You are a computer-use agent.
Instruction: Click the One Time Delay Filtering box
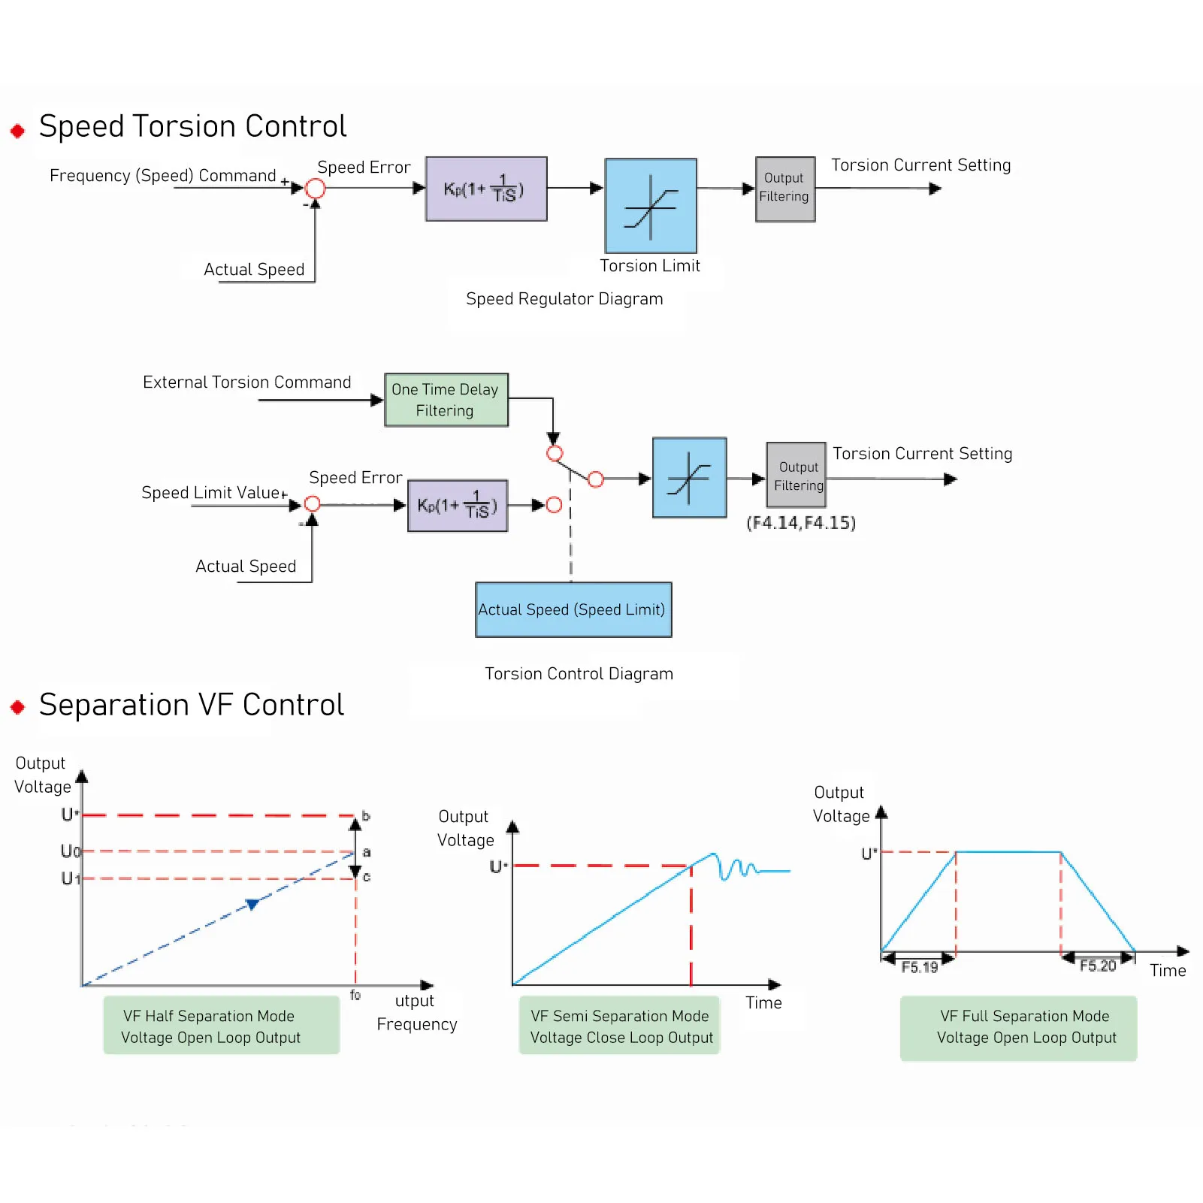[x=446, y=400]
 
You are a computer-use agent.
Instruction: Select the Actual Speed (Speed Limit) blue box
[x=573, y=609]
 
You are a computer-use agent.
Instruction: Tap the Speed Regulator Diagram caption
[x=564, y=299]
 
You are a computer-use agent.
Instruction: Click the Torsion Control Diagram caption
[x=579, y=674]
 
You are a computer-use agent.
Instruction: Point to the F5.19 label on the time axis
[x=920, y=967]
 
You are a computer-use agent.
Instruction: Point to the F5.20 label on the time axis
[x=1098, y=966]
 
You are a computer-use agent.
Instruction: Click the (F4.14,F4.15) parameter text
[x=801, y=523]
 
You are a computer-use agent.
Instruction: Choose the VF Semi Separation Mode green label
[x=620, y=1026]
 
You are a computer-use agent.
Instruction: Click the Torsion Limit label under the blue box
[x=650, y=266]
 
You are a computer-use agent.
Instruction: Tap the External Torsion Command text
[x=246, y=382]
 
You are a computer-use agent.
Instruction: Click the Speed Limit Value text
[x=211, y=493]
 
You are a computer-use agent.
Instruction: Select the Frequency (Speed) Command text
[x=163, y=176]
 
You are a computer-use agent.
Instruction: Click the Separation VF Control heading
[x=192, y=705]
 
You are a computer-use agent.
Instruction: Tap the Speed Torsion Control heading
[x=192, y=126]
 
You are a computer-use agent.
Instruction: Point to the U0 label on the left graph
[x=70, y=851]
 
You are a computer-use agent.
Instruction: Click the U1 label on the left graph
[x=70, y=878]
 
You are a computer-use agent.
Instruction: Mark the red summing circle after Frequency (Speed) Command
[x=316, y=189]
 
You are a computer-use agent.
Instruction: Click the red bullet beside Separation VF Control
[x=18, y=707]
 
